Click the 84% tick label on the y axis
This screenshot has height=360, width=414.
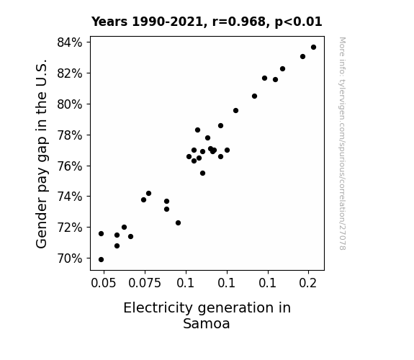pos(70,42)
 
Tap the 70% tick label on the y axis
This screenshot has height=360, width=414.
pos(70,258)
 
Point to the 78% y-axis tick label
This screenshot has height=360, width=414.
pos(70,135)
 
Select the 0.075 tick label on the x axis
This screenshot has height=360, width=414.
pos(145,283)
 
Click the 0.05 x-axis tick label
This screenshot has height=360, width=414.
pos(104,283)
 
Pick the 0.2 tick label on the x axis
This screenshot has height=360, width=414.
pos(308,283)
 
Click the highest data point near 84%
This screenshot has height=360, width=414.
pos(313,48)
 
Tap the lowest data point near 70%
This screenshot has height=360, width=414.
pos(101,260)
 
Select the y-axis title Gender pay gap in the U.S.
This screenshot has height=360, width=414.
pos(41,153)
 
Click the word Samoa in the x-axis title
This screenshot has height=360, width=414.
pos(207,323)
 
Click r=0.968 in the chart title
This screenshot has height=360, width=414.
pos(239,22)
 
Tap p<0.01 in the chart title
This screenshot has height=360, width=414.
pos(298,22)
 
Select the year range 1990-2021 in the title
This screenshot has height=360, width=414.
pos(167,22)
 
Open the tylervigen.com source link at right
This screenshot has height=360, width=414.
pos(343,143)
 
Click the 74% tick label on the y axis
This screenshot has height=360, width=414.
pos(70,197)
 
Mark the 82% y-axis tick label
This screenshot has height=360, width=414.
pos(70,73)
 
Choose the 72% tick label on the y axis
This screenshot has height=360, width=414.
pos(70,228)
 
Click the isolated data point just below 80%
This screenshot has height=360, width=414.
pos(235,110)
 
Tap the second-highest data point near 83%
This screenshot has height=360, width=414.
pos(303,57)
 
